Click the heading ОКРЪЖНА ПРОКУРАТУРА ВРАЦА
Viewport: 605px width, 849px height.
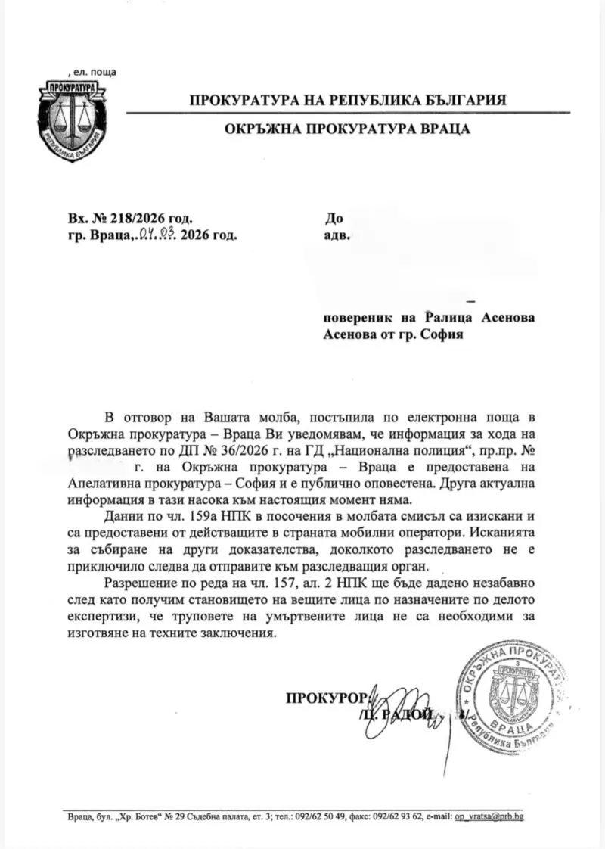347,129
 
